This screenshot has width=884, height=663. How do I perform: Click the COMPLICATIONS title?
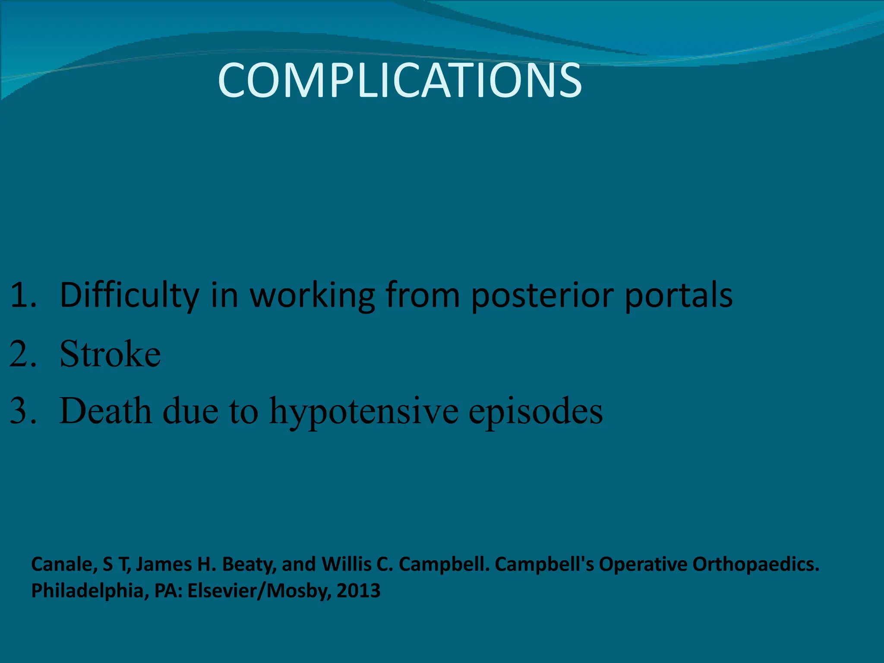click(x=400, y=81)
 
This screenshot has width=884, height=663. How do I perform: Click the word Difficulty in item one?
click(x=129, y=296)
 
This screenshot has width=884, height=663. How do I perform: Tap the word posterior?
click(x=542, y=296)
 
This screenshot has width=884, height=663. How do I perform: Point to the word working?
click(x=313, y=296)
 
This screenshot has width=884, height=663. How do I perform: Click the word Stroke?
click(x=110, y=354)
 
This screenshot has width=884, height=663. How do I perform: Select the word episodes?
click(x=536, y=411)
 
